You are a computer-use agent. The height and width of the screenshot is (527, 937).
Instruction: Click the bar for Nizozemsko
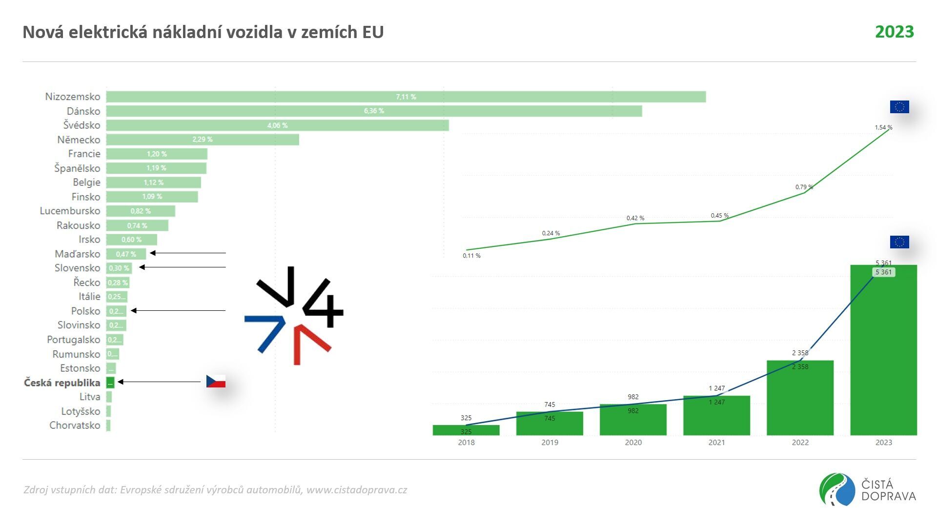coord(405,97)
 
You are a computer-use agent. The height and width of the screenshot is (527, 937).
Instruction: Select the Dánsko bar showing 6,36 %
coord(373,111)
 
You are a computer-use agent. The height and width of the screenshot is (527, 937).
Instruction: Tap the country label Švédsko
coord(81,125)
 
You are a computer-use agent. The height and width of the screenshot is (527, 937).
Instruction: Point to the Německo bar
coord(202,140)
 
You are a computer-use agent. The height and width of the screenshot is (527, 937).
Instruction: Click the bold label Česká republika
coord(62,383)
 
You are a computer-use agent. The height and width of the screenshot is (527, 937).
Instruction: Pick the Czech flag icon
coord(216,381)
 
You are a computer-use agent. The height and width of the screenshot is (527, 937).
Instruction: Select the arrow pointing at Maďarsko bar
coord(188,253)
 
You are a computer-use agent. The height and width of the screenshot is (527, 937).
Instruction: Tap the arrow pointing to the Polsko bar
coord(178,310)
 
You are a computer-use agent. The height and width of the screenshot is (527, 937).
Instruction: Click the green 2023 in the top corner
coord(894,32)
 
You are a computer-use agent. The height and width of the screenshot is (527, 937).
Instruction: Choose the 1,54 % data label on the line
coord(883,127)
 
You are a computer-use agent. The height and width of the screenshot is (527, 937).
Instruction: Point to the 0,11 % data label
coord(471,256)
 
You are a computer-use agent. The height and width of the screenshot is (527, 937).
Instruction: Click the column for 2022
coord(800,398)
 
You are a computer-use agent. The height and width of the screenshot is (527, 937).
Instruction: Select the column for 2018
coord(466,430)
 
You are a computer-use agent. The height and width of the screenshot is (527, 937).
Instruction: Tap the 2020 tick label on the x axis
coord(633,443)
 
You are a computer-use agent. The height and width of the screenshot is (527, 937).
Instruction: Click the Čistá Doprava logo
coord(867,490)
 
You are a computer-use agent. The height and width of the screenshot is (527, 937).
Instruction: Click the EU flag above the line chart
coord(899,107)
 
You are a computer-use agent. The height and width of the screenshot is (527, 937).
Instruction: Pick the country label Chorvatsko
coord(75,426)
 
